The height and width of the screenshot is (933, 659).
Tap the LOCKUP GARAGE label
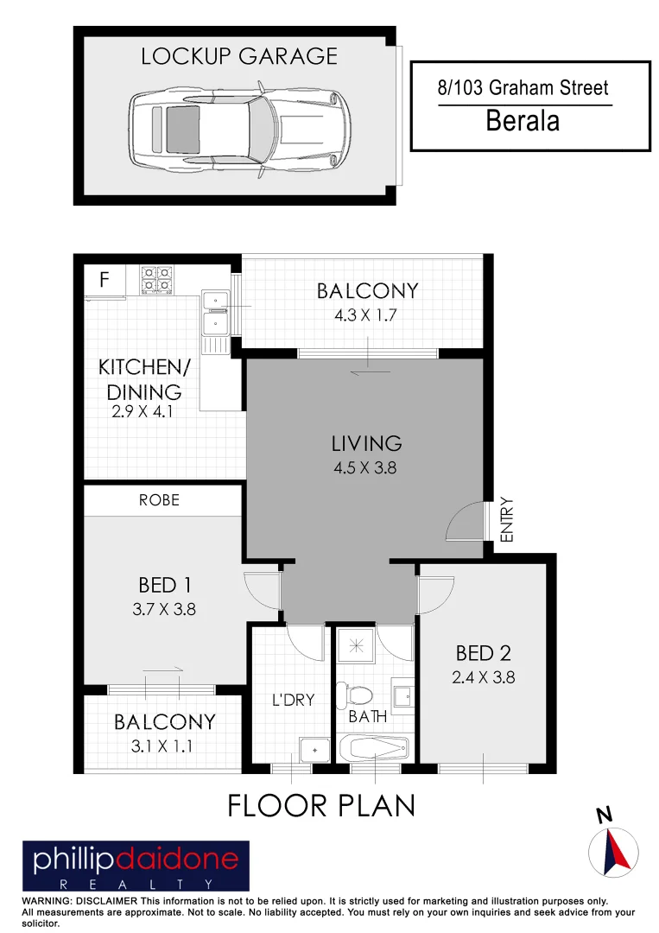click(239, 57)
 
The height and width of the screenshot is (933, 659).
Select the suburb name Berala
click(523, 121)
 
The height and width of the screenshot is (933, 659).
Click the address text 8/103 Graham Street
click(523, 87)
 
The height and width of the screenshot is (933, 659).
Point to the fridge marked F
click(105, 280)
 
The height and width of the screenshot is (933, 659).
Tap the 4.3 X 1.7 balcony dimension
click(365, 315)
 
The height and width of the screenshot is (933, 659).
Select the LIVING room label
click(366, 444)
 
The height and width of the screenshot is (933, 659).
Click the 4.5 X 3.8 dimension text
click(366, 470)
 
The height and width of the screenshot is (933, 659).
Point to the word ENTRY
click(507, 519)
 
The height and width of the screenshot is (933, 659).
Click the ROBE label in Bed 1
click(160, 500)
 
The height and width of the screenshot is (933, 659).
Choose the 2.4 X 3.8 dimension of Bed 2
click(483, 677)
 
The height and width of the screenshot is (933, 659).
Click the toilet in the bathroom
click(355, 694)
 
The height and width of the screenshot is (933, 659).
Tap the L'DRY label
click(293, 700)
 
